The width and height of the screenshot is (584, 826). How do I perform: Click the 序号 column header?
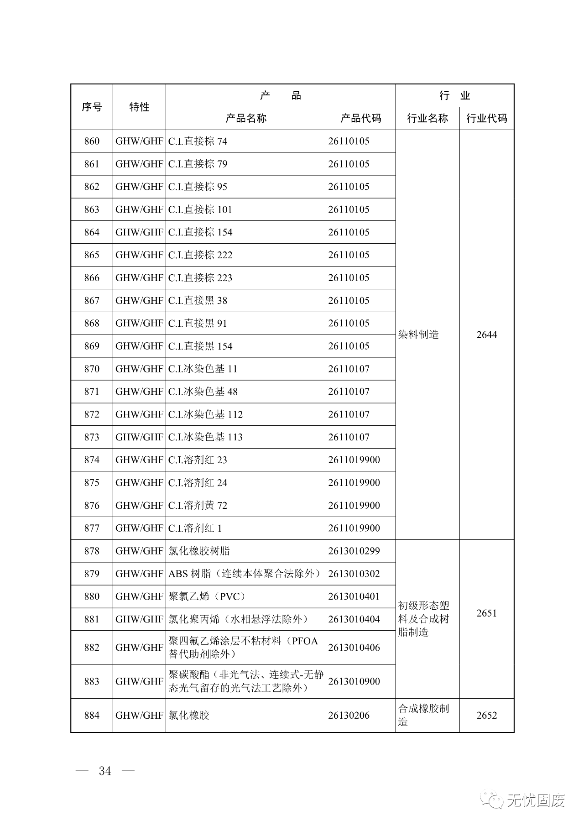coord(92,107)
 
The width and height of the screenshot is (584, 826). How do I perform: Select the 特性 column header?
coord(139,107)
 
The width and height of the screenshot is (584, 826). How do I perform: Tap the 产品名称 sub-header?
coord(245,118)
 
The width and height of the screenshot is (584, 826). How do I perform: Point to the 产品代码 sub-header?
coord(360,118)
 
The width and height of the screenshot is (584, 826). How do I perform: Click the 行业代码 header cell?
coord(486,118)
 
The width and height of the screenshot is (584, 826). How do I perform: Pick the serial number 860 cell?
coord(92,141)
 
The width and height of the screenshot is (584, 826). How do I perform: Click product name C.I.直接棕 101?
coord(200,209)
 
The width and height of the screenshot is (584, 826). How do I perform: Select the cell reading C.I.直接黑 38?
coord(198,300)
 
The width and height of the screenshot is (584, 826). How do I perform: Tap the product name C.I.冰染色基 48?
coord(203,392)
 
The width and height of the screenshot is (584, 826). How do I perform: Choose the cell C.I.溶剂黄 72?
coord(198,505)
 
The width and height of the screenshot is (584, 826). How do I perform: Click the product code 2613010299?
coord(354,551)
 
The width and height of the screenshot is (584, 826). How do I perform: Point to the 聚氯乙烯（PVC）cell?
coord(207,596)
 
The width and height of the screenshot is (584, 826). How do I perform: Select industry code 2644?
coord(486,335)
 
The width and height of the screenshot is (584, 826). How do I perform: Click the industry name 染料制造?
coord(418,335)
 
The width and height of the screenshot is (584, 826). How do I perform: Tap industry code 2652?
coord(486,715)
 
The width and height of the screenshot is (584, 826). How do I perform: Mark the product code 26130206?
coord(349,715)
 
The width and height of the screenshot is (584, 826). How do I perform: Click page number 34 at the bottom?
coord(105,771)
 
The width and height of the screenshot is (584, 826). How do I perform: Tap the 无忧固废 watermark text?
coord(536,800)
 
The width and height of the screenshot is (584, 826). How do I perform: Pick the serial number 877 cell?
coord(92,528)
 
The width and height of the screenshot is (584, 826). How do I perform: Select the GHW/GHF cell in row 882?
coord(139,647)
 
